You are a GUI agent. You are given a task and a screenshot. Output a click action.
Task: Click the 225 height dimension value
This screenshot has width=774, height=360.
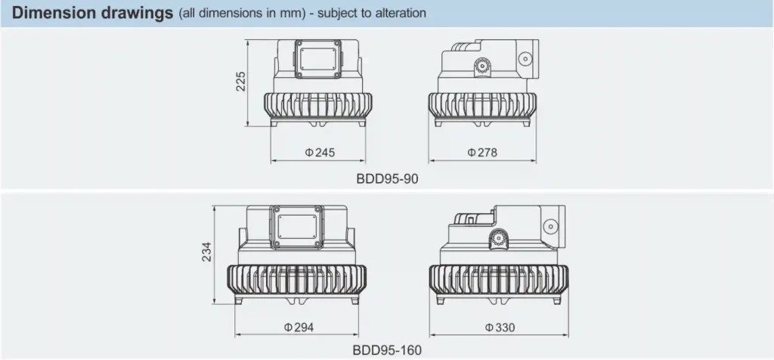pos(240,81)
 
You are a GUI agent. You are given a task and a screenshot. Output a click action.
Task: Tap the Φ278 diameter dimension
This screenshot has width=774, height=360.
pos(482,153)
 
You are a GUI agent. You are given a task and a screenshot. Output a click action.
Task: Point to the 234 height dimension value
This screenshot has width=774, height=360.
pos(206,251)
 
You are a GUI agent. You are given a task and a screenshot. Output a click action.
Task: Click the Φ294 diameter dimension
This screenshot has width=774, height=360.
pos(299,327)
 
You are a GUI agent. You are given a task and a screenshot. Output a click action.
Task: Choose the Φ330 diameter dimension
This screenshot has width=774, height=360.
pos(500,327)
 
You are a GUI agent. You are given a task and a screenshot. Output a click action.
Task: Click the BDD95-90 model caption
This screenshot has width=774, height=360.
pos(387,178)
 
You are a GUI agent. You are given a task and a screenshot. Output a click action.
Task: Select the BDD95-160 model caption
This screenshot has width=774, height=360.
pos(387,350)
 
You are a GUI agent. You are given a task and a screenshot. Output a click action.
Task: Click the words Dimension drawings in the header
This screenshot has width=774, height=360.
pos(92,14)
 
